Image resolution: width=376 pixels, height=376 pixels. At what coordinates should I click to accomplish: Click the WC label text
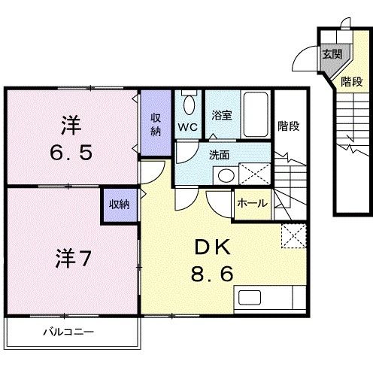[x=187, y=127]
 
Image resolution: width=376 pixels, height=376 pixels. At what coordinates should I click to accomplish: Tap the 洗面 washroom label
[x=219, y=155]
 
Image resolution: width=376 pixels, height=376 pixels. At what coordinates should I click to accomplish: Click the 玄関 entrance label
[x=331, y=54]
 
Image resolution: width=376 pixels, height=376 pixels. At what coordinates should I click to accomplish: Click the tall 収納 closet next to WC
[x=156, y=124]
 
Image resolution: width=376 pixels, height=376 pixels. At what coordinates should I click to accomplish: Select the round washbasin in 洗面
[x=224, y=176]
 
